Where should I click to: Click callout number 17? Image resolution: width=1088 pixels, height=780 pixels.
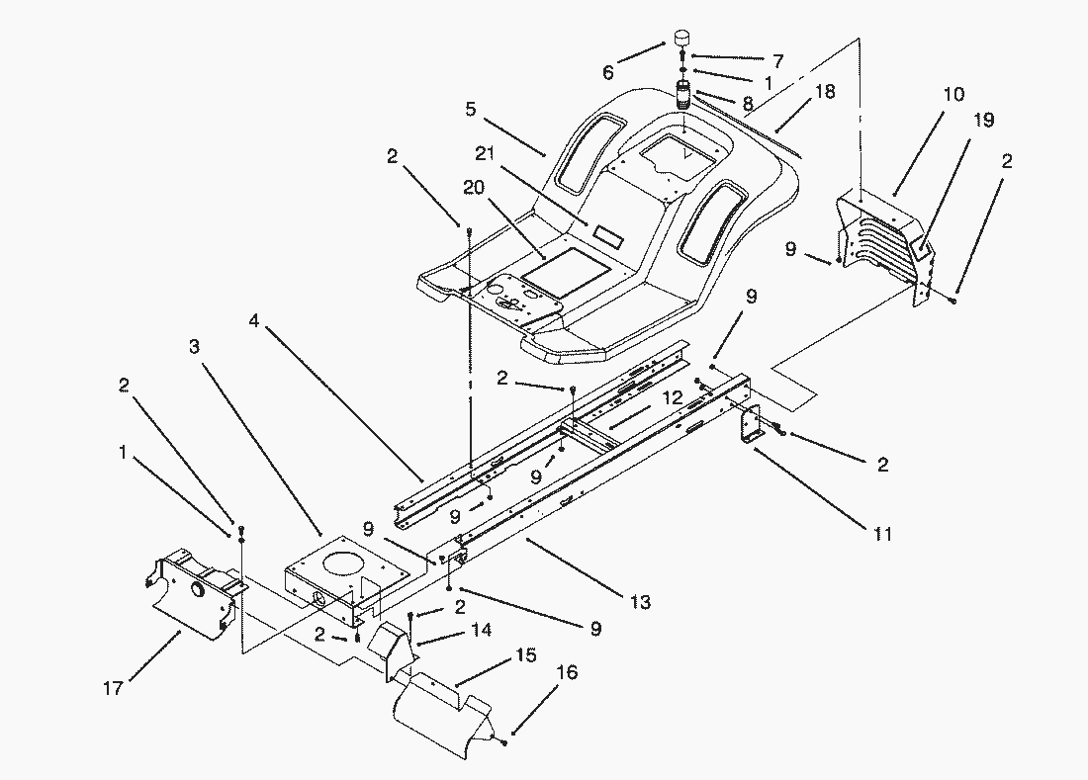pyautogui.click(x=113, y=688)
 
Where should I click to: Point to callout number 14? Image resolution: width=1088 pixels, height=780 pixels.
pyautogui.click(x=481, y=629)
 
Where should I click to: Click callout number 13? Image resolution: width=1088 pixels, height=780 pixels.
pyautogui.click(x=640, y=601)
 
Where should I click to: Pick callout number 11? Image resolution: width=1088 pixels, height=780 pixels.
pyautogui.click(x=882, y=534)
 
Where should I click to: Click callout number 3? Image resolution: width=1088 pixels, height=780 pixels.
pyautogui.click(x=194, y=347)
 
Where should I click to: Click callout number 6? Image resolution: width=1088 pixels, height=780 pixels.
pyautogui.click(x=607, y=72)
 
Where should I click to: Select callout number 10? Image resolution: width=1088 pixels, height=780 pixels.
pyautogui.click(x=952, y=95)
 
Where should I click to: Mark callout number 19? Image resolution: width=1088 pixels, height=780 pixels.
pyautogui.click(x=983, y=121)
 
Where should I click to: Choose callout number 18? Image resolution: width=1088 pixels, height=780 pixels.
pyautogui.click(x=824, y=92)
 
